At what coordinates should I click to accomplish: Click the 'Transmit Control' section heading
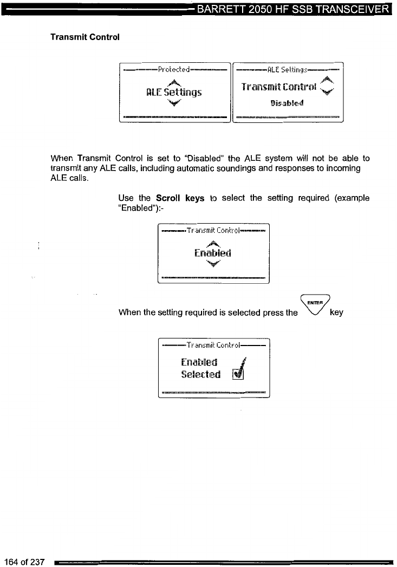click(x=84, y=37)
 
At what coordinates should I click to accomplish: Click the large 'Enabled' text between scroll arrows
click(x=213, y=253)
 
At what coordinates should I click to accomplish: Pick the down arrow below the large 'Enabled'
click(x=214, y=263)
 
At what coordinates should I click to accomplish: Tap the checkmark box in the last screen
click(x=238, y=374)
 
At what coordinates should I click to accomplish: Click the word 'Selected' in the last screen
click(x=200, y=374)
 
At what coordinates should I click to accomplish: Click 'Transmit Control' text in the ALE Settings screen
click(x=278, y=88)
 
